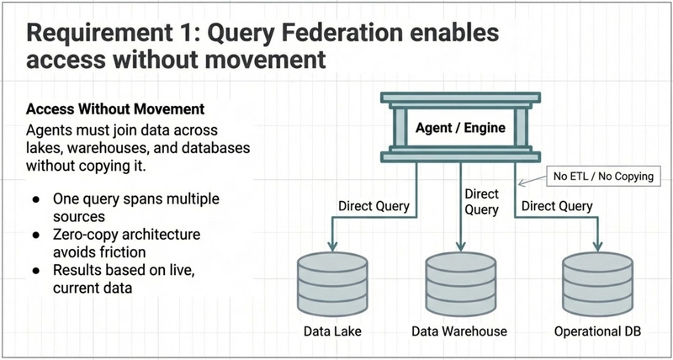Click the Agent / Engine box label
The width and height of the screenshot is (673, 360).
click(459, 130)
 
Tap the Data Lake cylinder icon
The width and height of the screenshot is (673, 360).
click(332, 283)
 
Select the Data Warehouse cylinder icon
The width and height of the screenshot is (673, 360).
click(458, 283)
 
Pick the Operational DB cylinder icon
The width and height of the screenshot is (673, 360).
click(597, 283)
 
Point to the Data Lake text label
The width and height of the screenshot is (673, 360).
click(332, 331)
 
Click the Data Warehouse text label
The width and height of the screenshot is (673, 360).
click(458, 331)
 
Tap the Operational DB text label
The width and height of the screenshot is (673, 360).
click(597, 331)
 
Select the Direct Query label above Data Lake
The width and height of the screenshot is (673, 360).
click(373, 206)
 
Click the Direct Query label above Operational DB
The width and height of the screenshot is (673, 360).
click(556, 206)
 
